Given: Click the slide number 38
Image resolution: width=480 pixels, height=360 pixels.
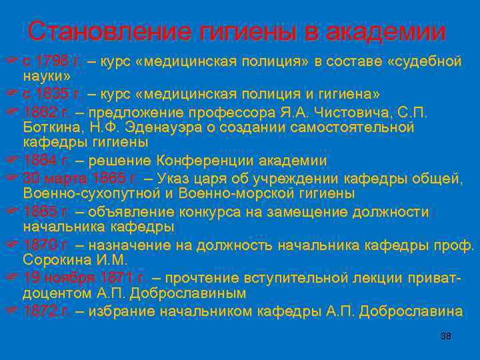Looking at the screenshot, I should coord(446,336).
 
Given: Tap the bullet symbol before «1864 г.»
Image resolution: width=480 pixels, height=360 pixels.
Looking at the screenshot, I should coord(11,161).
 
